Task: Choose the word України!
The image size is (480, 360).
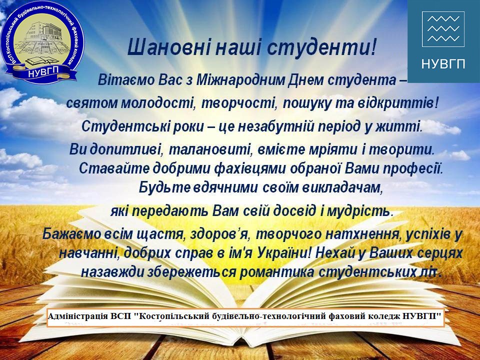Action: pyautogui.click(x=284, y=253)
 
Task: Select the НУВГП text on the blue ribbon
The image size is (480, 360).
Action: pyautogui.click(x=43, y=72)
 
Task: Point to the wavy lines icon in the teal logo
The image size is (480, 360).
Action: pyautogui.click(x=443, y=29)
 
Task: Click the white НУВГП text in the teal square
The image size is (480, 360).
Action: pyautogui.click(x=443, y=64)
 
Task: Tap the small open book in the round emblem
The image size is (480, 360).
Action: pyautogui.click(x=37, y=60)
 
